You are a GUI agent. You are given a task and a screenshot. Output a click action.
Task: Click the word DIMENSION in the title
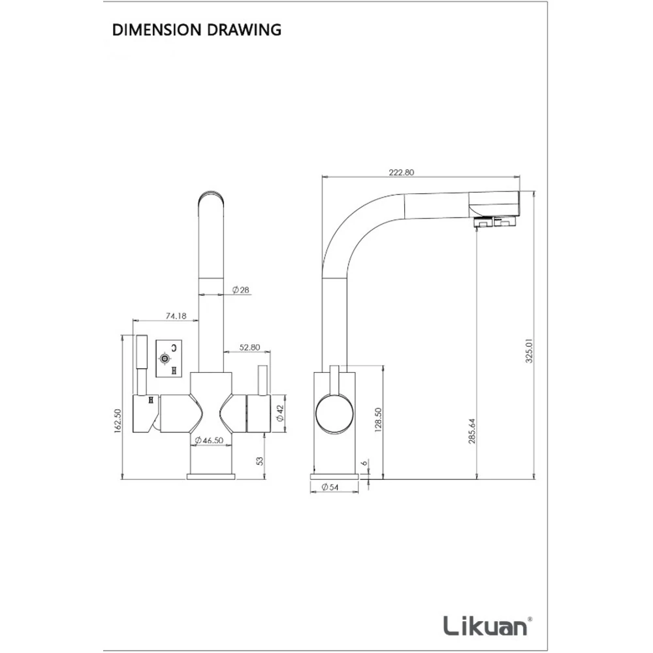pos(157,30)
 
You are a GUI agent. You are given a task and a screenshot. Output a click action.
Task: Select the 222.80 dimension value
pos(402,172)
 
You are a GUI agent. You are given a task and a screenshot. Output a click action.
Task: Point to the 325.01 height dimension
pos(529,350)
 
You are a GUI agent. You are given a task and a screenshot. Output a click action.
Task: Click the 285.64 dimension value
pos(472,430)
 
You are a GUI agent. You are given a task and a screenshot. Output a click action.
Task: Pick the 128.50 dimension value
pos(378,420)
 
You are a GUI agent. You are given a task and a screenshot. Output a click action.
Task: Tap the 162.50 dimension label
pos(118,422)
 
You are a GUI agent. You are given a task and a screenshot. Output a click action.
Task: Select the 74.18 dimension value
pos(176,316)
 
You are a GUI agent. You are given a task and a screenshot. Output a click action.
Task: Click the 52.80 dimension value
pos(249,347)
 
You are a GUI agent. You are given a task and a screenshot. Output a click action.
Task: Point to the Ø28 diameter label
pos(241,290)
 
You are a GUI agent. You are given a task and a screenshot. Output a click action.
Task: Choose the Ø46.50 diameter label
pos(209,440)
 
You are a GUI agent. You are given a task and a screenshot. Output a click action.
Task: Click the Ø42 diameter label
pos(280,413)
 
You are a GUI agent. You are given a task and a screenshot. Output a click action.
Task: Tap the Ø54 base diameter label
pos(330,487)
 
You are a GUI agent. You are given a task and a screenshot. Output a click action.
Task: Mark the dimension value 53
pos(261,461)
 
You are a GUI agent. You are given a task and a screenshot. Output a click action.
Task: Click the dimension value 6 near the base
pos(365,463)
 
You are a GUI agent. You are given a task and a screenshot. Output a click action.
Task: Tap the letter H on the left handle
pos(151,400)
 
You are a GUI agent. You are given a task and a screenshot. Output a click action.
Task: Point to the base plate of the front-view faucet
pos(211,477)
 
